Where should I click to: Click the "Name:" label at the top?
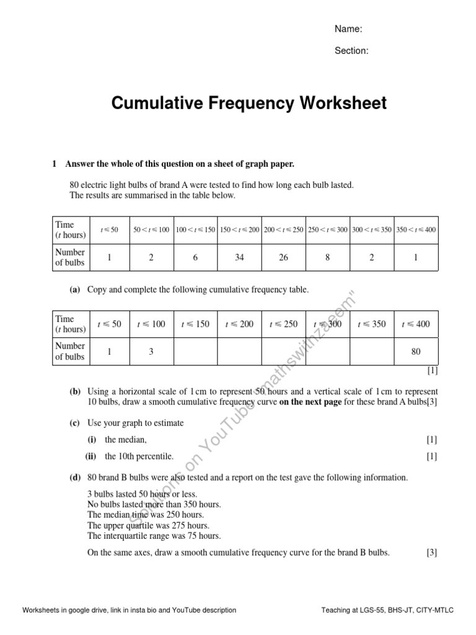click(348, 29)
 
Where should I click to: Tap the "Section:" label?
click(351, 51)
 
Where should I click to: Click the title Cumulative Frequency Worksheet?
click(249, 103)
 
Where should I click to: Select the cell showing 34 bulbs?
click(239, 257)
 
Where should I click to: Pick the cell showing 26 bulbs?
click(283, 257)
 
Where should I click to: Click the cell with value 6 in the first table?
click(195, 257)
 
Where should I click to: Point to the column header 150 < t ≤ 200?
click(239, 229)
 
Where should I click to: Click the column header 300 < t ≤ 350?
click(371, 229)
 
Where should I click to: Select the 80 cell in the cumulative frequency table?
click(415, 352)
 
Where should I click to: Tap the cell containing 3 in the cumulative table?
click(151, 352)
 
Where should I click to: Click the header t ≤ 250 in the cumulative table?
click(283, 324)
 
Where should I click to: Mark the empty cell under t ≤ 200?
click(239, 352)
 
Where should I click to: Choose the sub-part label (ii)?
click(92, 456)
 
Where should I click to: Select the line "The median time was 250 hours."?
click(146, 515)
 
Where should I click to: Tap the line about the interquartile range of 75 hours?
click(154, 536)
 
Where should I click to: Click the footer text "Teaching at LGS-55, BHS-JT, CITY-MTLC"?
click(387, 610)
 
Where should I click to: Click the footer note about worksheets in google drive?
click(130, 610)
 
